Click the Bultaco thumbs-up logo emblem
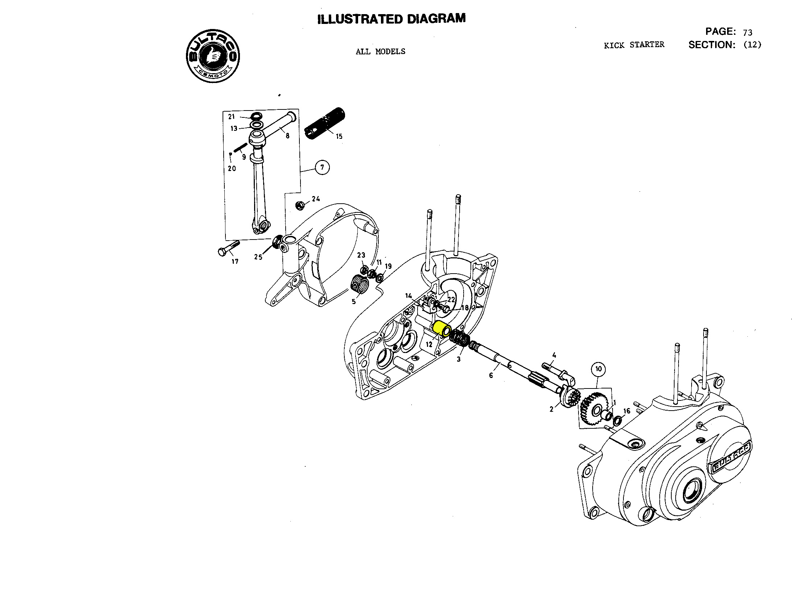pyautogui.click(x=213, y=56)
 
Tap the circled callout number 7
pyautogui.click(x=322, y=167)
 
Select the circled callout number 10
pyautogui.click(x=598, y=369)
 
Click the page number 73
pyautogui.click(x=747, y=33)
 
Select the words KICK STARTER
pyautogui.click(x=634, y=45)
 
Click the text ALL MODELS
pyautogui.click(x=380, y=51)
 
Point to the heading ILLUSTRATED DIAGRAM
pyautogui.click(x=391, y=19)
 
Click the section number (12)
pyautogui.click(x=752, y=45)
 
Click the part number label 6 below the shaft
pyautogui.click(x=491, y=376)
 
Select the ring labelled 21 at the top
pyautogui.click(x=256, y=116)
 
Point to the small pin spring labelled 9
pyautogui.click(x=240, y=148)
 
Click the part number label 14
pyautogui.click(x=409, y=296)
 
